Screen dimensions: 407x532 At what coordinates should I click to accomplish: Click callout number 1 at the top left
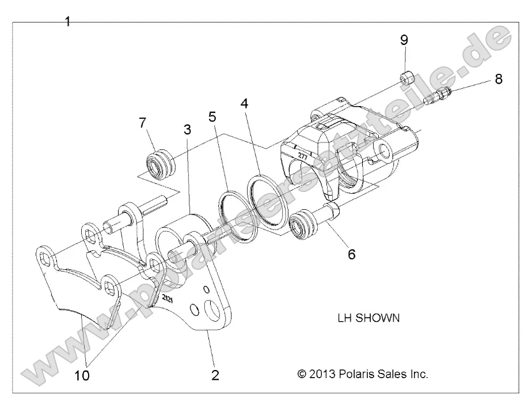68,22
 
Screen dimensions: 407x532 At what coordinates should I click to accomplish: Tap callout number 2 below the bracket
215,375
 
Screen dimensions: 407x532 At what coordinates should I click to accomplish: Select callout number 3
187,130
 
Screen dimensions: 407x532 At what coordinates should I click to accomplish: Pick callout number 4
245,104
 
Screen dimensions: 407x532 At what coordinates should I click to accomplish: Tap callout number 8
498,79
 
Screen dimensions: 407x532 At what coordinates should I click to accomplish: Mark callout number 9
404,40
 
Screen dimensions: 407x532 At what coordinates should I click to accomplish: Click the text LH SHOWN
368,318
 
